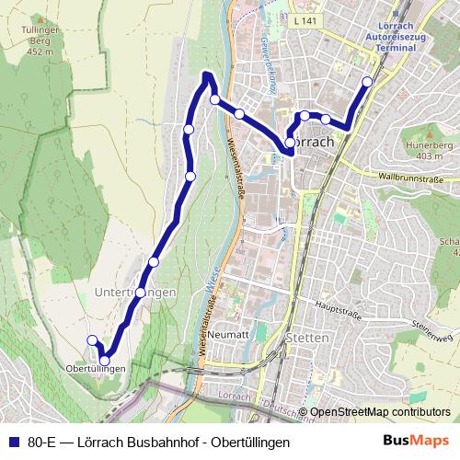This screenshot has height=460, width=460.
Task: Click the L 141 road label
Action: click(306, 19)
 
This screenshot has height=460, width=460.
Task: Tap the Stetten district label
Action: click(308, 338)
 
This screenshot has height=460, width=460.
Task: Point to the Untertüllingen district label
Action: click(134, 292)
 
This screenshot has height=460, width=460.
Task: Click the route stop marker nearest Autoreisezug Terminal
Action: click(367, 81)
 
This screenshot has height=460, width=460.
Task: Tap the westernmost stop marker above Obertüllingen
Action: click(92, 341)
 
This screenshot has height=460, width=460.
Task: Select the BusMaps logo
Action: click(416, 441)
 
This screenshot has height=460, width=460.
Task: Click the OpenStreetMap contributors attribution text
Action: click(380, 412)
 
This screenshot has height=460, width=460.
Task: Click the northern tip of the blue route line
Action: click(208, 74)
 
